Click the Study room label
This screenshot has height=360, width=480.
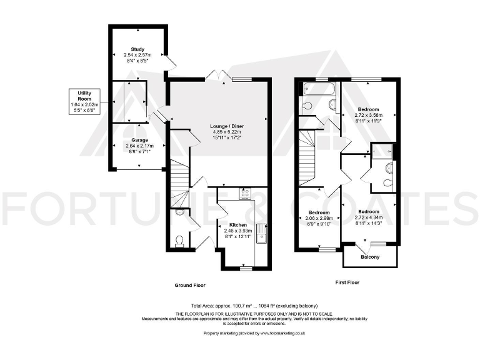[x=137, y=49]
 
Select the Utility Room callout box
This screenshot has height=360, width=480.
[x=84, y=101]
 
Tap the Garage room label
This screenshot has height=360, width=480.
[x=139, y=140]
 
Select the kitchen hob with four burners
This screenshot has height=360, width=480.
[x=244, y=194]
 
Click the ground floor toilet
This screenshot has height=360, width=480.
[x=180, y=240]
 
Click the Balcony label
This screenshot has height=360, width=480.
[x=371, y=257]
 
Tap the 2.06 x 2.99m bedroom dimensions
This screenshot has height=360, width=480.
[x=318, y=218]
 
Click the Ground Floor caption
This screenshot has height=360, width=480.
[x=189, y=285]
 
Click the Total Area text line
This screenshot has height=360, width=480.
[x=240, y=306]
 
